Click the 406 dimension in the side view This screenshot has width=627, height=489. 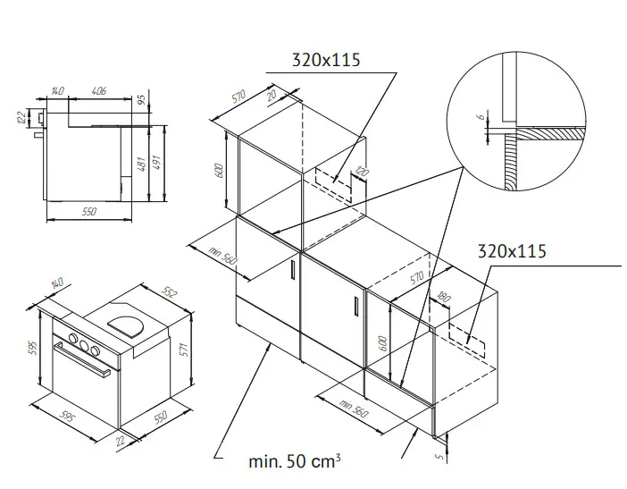[99, 90]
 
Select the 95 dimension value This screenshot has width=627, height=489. [142, 101]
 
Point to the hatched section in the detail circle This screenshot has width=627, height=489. [545, 133]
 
